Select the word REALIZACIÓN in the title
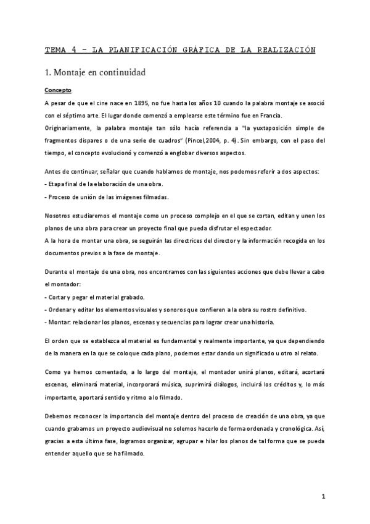283,49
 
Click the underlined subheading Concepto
58,90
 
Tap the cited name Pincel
187,141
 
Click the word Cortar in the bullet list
59,297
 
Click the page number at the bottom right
323,496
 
